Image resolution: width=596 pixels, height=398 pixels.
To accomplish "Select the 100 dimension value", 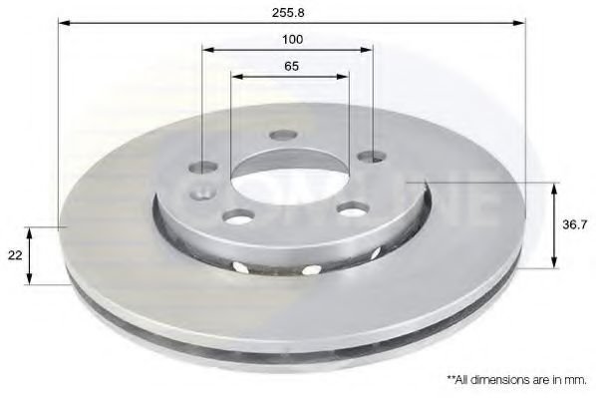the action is (292, 39).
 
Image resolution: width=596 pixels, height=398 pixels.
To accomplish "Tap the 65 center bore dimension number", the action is (292, 66).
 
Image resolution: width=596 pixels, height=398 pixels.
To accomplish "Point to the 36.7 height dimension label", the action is (574, 224).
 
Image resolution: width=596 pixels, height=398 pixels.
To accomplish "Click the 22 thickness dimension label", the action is (15, 255).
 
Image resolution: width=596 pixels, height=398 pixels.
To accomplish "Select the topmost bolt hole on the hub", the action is (282, 135).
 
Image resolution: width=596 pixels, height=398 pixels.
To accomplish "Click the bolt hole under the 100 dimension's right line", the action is (373, 156).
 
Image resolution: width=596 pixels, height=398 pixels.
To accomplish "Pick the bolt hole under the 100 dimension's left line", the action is (203, 168).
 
